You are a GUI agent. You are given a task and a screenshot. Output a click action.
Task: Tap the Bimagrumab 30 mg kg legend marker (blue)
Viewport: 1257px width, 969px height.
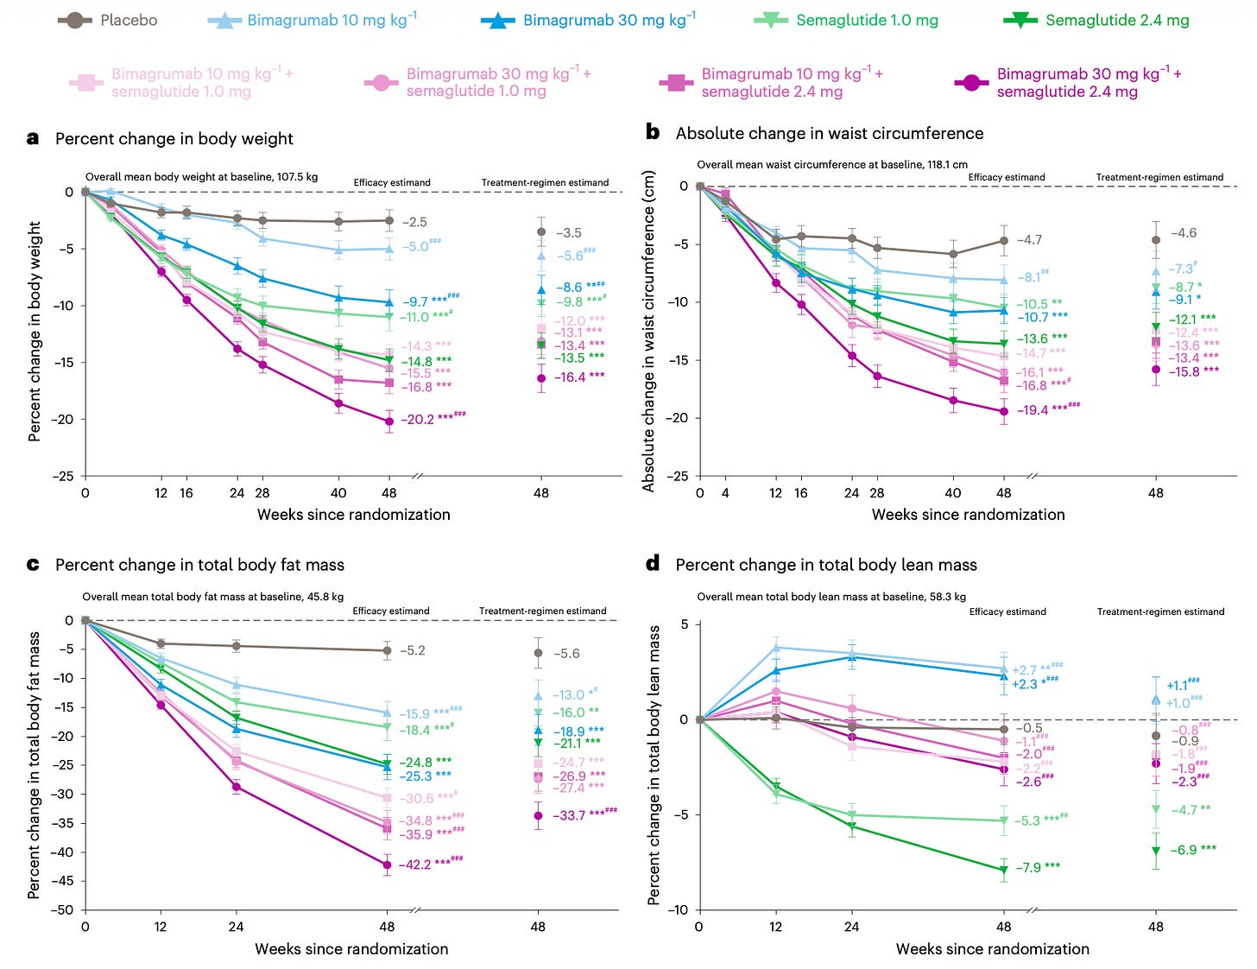498,20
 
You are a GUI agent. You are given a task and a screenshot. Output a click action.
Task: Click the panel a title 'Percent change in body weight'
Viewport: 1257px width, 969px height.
174,139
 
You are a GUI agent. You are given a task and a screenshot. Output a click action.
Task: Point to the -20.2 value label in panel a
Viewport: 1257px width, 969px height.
417,420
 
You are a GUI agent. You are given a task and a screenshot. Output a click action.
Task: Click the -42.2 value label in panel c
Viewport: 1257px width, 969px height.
414,864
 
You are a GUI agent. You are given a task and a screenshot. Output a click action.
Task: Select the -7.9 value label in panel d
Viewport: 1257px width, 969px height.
1030,867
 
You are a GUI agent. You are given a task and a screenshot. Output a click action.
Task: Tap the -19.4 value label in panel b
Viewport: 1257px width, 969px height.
1032,410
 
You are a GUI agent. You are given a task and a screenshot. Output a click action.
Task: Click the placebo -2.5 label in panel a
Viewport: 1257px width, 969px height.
414,222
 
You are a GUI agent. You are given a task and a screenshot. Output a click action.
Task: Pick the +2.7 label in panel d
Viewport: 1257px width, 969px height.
1025,670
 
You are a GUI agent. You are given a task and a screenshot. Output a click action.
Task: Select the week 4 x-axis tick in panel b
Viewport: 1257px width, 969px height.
725,493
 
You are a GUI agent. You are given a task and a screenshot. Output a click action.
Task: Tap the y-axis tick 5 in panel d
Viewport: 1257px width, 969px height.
684,624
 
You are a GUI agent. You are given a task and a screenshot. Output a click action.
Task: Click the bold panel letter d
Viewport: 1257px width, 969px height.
653,564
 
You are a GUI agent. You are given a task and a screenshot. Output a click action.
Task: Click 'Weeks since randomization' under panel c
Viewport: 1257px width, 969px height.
351,949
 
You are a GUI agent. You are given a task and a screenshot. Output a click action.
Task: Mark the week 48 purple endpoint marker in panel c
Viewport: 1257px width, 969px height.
387,864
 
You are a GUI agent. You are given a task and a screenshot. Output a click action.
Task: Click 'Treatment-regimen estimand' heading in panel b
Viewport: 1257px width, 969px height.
1159,177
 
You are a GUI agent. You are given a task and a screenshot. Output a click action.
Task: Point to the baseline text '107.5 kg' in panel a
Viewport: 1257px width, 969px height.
297,177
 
